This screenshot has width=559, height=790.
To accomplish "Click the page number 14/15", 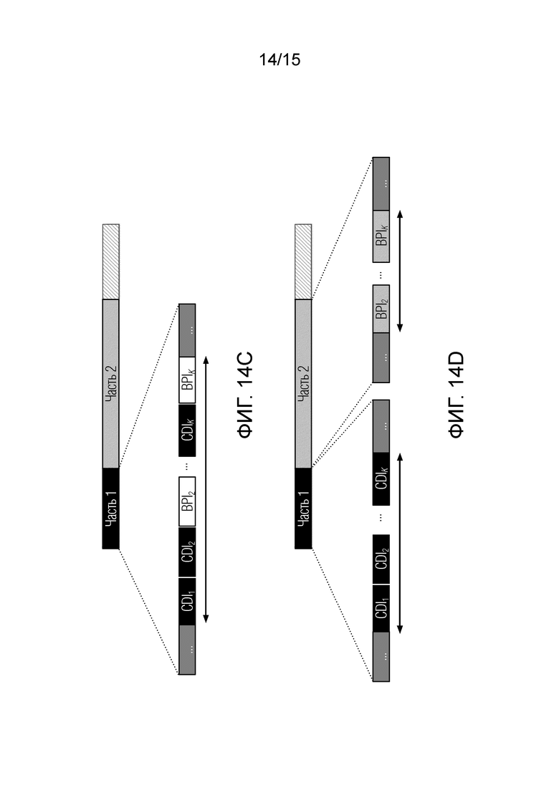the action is coord(279,60).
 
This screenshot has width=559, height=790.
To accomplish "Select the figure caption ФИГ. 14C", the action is coord(245,395).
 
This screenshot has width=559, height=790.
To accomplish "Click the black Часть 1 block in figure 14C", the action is coord(111,509).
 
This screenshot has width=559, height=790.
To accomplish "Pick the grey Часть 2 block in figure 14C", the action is coord(111,384).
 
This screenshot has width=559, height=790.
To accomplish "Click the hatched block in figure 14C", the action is coord(111,262).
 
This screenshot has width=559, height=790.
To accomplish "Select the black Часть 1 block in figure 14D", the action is coord(303,509).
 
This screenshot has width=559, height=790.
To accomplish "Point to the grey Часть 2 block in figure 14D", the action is coord(303,384).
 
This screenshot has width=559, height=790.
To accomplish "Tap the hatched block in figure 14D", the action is coord(303,262).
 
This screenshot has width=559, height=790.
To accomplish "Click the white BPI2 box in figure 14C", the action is coord(187,502).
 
